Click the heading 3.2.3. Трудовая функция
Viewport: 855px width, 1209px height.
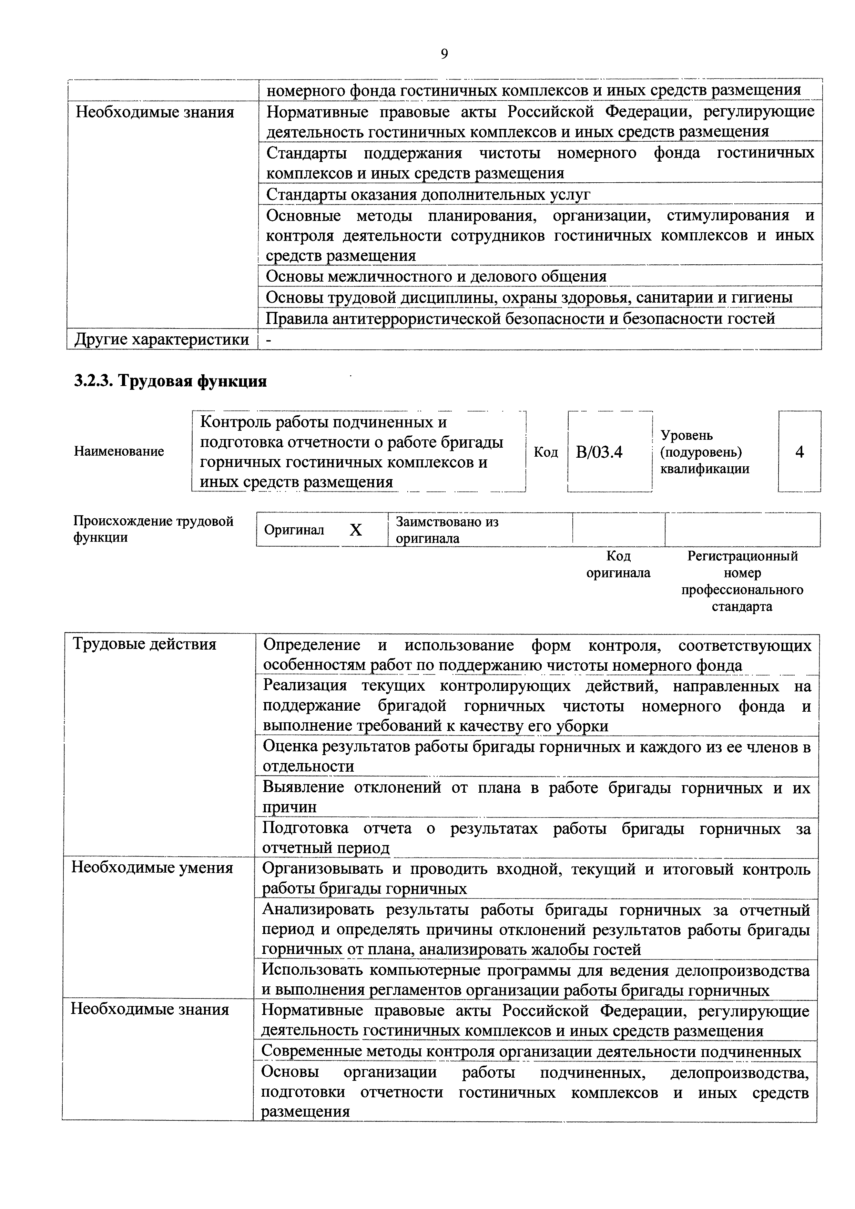tap(170, 381)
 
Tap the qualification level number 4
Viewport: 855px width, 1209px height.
tap(799, 452)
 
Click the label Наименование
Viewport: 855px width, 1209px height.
tap(119, 451)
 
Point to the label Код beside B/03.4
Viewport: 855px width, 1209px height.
tap(546, 452)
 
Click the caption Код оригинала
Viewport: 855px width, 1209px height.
tap(618, 565)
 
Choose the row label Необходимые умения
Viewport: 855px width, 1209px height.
tap(152, 867)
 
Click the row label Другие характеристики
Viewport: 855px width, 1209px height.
tap(162, 339)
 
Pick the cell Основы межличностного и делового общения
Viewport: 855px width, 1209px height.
tap(436, 276)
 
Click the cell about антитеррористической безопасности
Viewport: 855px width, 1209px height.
tap(520, 318)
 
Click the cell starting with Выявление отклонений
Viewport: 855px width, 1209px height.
tap(536, 797)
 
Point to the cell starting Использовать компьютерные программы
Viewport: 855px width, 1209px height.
tap(535, 980)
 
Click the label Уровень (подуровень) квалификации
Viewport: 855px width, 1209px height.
tap(704, 452)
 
